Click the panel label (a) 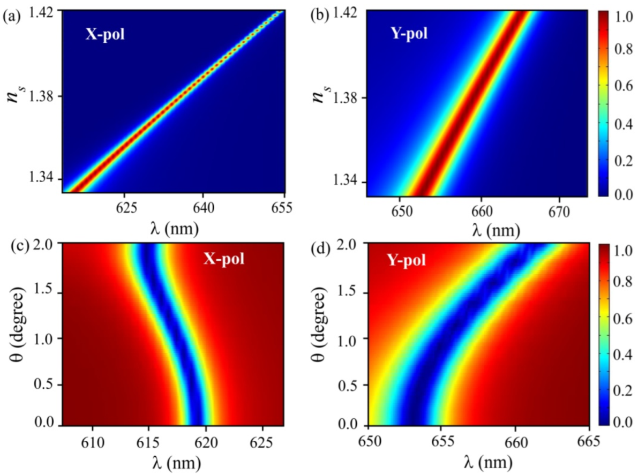pos(11,16)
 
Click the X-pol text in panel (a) pos(105,37)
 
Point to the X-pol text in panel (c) pos(223,260)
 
